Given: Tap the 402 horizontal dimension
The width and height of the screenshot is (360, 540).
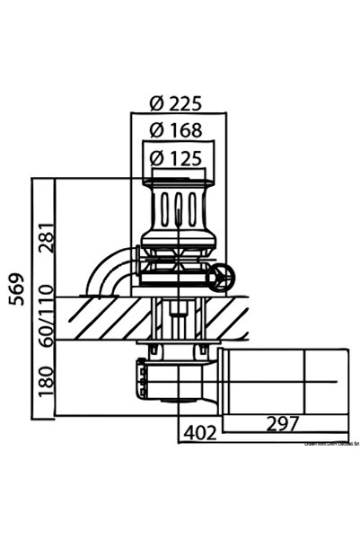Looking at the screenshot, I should pos(199,433).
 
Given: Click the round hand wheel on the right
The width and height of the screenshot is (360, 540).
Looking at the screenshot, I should pos(223,279).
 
